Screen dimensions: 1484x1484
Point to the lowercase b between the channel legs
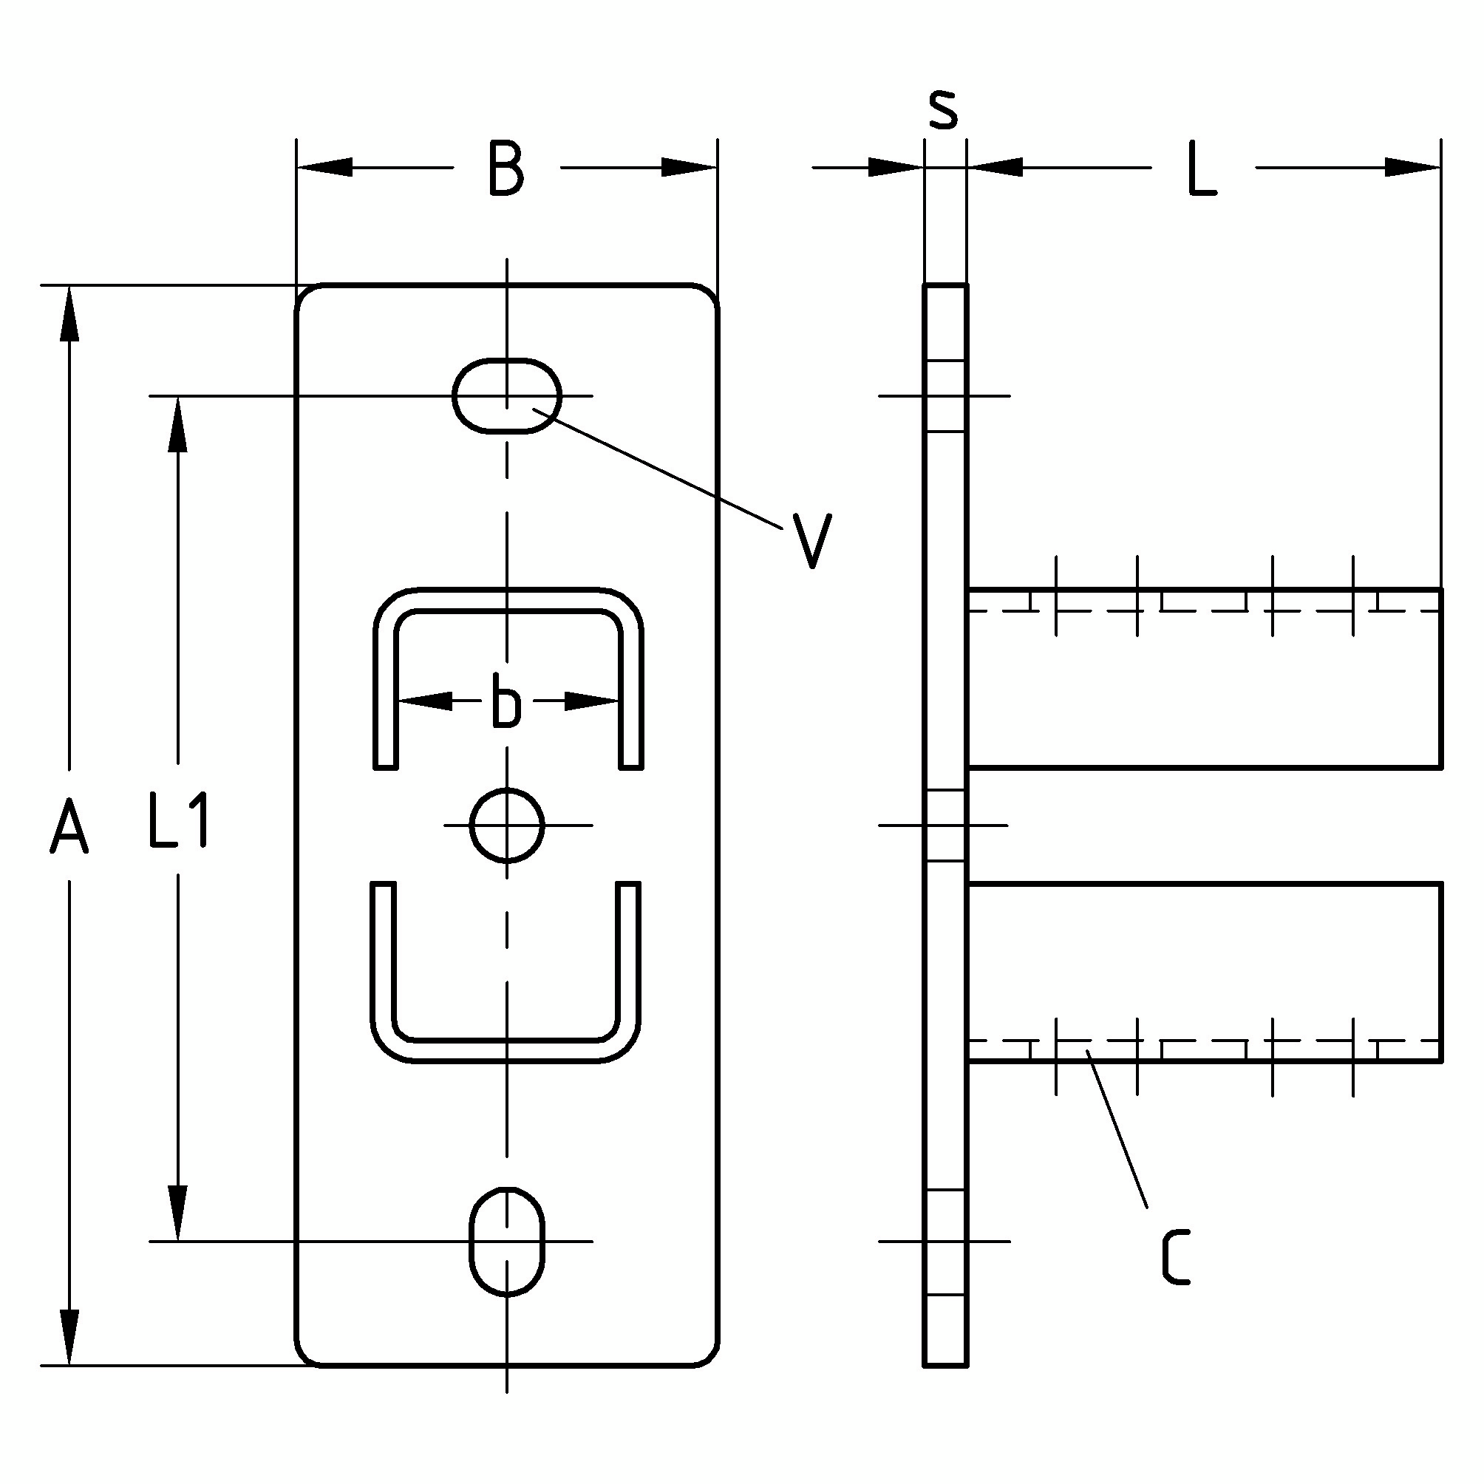pyautogui.click(x=506, y=700)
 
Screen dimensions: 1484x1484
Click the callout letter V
pyautogui.click(x=812, y=541)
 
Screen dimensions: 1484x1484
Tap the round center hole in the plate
pyautogui.click(x=507, y=826)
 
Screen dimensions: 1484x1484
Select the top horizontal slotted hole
pyautogui.click(x=507, y=395)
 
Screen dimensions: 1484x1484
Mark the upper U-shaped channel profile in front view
pyautogui.click(x=508, y=678)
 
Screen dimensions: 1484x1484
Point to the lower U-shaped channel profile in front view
pyautogui.click(x=507, y=973)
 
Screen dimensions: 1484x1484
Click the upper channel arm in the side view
pyautogui.click(x=1205, y=678)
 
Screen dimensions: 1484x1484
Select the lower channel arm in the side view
pyautogui.click(x=1205, y=973)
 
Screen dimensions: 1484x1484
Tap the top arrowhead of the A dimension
pyautogui.click(x=70, y=313)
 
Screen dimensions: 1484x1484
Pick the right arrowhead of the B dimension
pyautogui.click(x=689, y=167)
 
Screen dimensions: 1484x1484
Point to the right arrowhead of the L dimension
pyautogui.click(x=1412, y=167)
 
